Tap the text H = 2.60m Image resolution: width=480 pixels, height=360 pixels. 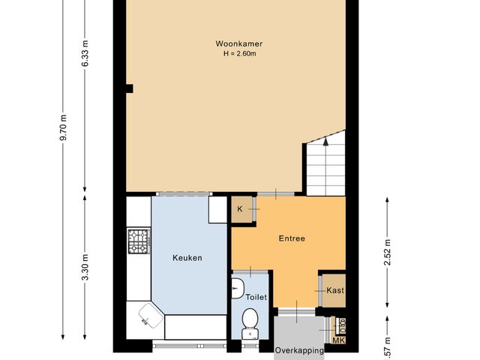pos(239,53)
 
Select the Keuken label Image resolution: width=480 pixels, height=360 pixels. pos(187,257)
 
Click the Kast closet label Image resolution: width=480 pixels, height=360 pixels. pos(334,290)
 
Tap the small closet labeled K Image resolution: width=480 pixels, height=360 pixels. pos(240,208)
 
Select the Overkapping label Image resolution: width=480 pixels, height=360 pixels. pos(299,350)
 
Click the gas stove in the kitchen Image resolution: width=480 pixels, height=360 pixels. pos(139,241)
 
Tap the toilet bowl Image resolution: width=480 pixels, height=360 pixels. pos(250,322)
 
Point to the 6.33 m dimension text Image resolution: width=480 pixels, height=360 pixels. pos(85,53)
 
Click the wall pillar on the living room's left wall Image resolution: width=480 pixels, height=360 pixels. pos(130,88)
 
